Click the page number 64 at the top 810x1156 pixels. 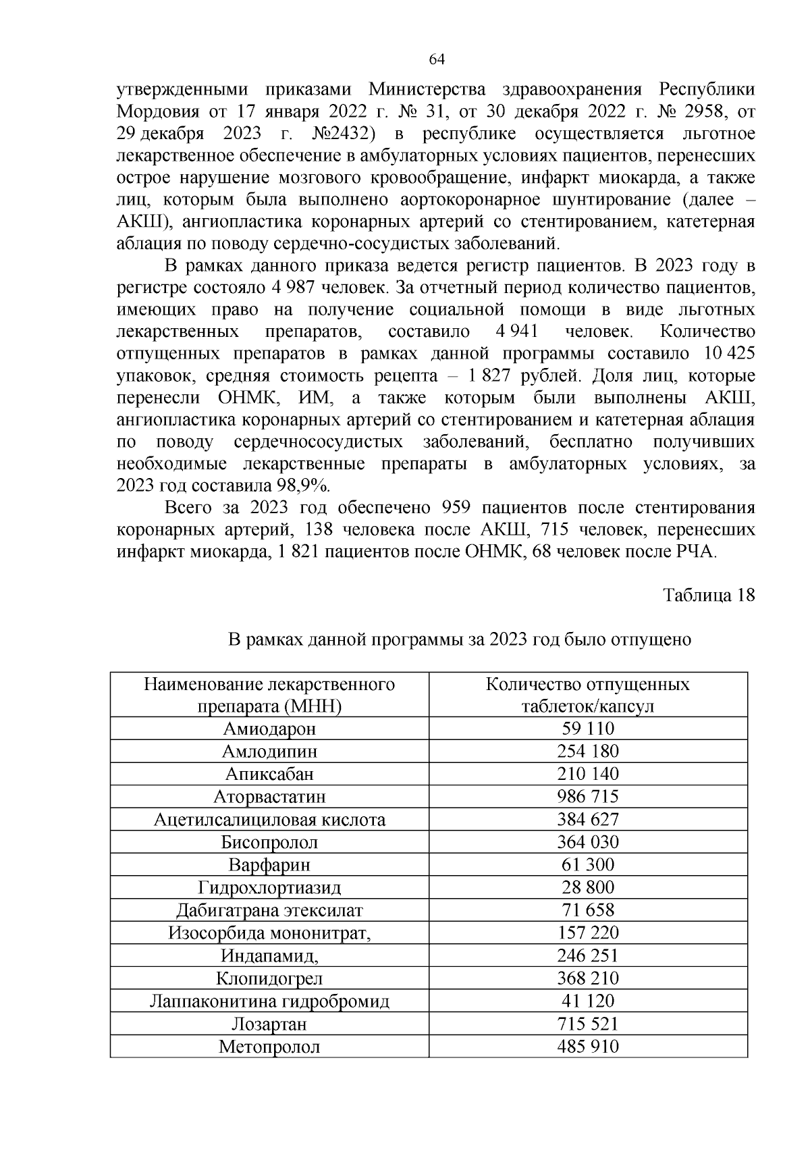437,59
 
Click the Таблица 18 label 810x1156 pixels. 708,596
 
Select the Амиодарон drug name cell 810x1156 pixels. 269,729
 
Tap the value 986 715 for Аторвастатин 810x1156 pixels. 587,797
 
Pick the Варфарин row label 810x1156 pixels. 269,865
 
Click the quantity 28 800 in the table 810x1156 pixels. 587,887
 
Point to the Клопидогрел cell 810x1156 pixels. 269,978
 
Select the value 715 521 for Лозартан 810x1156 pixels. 587,1024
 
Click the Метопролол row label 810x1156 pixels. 269,1047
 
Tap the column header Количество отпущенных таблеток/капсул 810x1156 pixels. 587,695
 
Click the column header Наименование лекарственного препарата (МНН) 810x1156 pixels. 269,695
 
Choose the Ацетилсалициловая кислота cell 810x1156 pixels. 269,820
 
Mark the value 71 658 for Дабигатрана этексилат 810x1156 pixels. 587,910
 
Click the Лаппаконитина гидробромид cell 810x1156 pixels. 269,1001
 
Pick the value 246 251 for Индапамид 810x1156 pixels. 587,955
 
